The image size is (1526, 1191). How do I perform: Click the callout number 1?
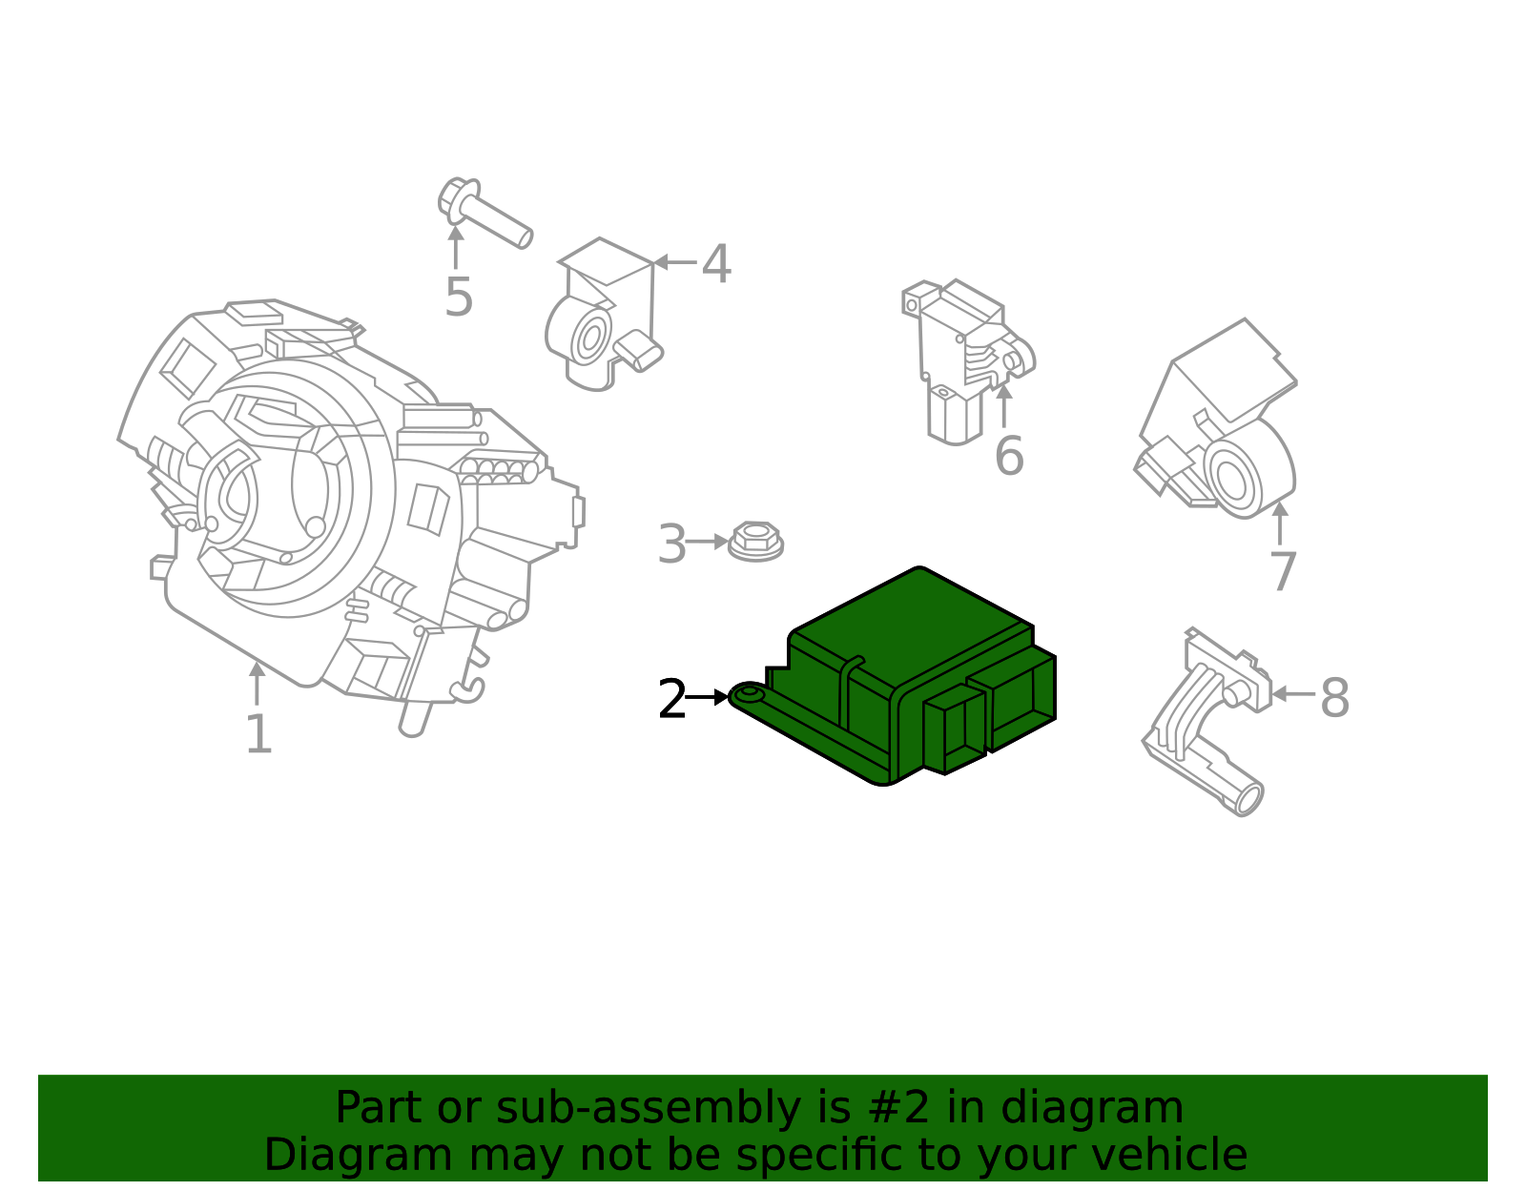tap(258, 735)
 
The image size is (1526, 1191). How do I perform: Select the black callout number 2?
tap(672, 701)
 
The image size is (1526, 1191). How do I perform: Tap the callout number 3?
tap(672, 545)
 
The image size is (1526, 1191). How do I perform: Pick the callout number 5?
tap(459, 298)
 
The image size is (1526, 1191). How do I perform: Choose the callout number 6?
tap(1008, 457)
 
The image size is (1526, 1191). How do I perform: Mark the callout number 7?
tap(1283, 573)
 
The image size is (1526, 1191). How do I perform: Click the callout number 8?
tap(1334, 699)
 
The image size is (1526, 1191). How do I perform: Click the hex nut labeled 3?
tap(755, 542)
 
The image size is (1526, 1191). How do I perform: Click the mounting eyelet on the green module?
tap(749, 695)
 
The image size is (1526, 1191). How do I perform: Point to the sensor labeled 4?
tap(603, 315)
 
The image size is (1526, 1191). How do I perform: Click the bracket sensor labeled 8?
tap(1206, 725)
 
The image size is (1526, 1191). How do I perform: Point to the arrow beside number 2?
tap(708, 697)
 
